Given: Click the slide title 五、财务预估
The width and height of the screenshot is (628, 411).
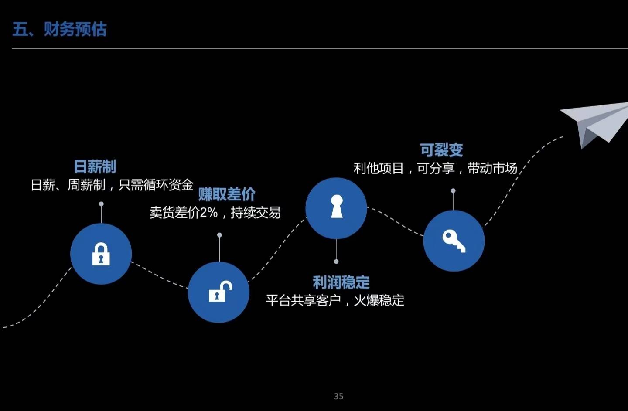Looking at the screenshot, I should [59, 29].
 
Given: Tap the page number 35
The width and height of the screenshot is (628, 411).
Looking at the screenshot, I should [338, 396].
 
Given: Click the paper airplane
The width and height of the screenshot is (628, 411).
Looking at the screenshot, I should [595, 122].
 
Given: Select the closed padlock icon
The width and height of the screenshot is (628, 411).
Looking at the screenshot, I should [101, 254].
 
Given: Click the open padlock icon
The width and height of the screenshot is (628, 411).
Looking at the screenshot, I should [219, 292].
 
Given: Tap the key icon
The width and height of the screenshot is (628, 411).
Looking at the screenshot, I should [454, 241].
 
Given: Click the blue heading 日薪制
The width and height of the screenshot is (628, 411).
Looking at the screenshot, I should [95, 166].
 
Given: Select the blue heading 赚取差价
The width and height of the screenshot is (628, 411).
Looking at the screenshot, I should [227, 194].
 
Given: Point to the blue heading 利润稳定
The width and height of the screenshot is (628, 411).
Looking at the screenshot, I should [341, 282].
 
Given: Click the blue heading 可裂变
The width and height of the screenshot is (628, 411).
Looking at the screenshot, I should [441, 150].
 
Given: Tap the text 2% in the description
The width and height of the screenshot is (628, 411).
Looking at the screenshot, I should [209, 213].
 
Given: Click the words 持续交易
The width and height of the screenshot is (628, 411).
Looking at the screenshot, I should [256, 213].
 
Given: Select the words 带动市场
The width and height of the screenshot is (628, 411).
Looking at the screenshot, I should [492, 168].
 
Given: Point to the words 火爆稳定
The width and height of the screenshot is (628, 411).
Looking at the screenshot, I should [379, 300].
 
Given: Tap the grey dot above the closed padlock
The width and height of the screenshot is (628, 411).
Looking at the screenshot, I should [101, 204].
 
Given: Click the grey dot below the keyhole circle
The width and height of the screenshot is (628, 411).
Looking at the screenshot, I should [336, 262].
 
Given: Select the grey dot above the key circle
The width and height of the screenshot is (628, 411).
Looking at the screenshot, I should [453, 191].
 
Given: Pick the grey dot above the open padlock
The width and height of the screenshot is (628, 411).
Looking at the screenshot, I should [219, 235].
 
